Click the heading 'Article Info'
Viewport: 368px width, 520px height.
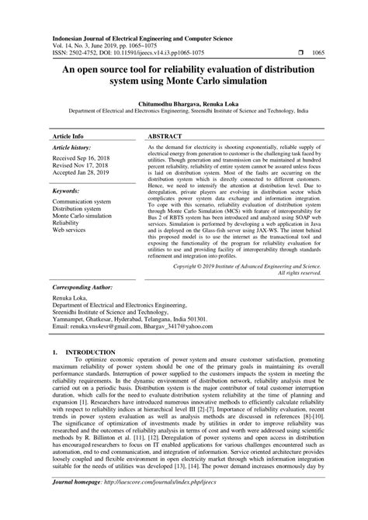pos(68,135)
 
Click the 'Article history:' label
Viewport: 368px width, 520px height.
pos(72,147)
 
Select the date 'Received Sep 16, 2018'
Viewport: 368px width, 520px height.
pos(82,158)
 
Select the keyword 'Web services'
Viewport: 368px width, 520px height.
pos(68,231)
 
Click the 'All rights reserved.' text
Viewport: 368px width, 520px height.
pos(299,273)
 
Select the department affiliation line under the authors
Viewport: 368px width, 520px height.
pos(183,111)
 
